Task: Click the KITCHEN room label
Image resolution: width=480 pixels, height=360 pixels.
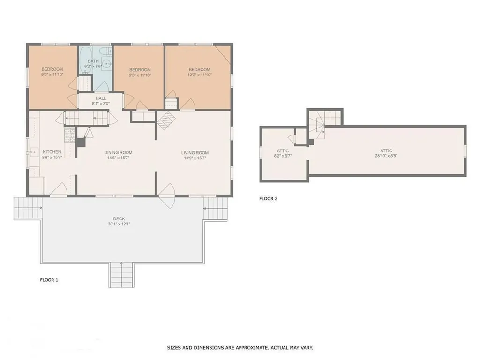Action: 52,152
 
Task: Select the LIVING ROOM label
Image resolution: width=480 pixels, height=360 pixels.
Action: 195,152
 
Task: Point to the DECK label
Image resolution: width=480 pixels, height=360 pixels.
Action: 119,218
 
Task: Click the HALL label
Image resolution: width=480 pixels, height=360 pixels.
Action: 101,98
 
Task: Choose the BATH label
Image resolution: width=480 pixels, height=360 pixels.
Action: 93,61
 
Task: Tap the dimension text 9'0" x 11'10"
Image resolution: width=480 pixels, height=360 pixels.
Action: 52,75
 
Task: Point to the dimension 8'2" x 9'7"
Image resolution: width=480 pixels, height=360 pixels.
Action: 283,156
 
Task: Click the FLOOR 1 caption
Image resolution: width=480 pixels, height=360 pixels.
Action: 49,280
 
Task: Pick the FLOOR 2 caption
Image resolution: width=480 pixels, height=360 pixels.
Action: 268,198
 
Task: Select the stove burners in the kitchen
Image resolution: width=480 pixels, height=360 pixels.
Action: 69,135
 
